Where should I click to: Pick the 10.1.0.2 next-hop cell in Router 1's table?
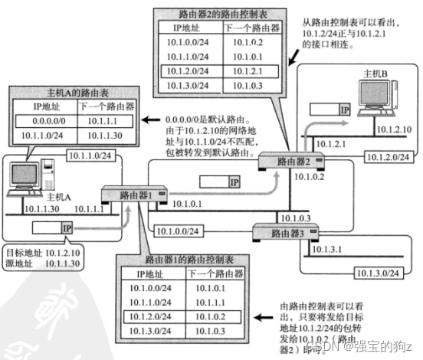(211, 316)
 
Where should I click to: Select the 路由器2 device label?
(293, 161)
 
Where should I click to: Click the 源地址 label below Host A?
(16, 263)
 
